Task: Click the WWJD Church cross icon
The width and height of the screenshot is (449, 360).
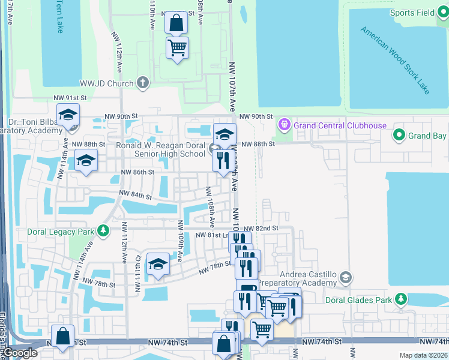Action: tap(142, 83)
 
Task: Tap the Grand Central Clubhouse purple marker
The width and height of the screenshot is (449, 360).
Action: tap(284, 125)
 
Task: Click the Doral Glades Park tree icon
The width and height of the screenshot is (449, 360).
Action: tap(401, 299)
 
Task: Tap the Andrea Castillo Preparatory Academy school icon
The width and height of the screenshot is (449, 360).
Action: tap(345, 277)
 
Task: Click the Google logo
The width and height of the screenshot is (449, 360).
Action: tap(20, 353)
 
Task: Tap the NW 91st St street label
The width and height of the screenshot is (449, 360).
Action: tap(70, 98)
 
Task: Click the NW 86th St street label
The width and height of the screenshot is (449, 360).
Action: tap(137, 172)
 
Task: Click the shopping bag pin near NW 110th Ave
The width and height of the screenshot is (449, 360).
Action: tap(176, 24)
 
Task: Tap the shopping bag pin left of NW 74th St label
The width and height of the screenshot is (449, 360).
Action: tap(63, 337)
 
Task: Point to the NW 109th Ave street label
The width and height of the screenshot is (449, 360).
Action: tap(179, 240)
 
